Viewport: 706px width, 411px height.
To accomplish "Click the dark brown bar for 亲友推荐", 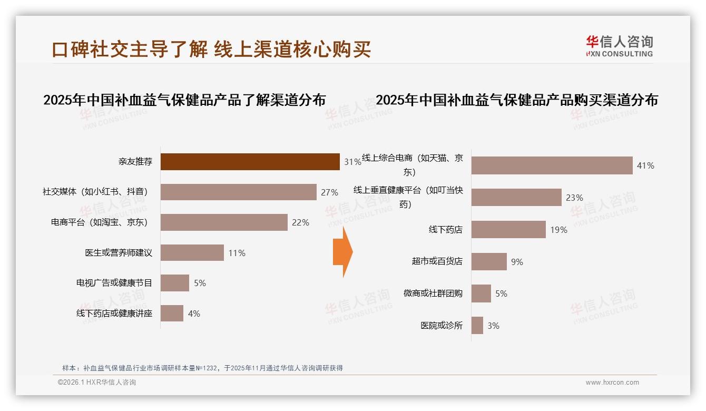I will (250, 162).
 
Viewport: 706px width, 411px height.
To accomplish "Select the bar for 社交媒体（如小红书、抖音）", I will (238, 192).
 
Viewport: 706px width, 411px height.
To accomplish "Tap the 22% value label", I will (300, 222).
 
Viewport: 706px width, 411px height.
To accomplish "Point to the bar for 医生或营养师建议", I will (192, 253).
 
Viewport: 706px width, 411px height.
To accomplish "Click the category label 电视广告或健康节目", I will (114, 283).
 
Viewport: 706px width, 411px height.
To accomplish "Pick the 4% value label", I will (194, 314).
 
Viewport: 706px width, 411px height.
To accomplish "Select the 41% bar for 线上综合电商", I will (552, 165).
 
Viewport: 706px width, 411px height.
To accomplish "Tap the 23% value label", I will (574, 198).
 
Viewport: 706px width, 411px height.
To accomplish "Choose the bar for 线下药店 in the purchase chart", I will (508, 230).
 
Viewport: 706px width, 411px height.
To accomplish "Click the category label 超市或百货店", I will (437, 261).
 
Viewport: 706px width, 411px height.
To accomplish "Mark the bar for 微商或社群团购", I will (481, 293).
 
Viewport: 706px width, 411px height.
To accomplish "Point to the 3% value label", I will (493, 326).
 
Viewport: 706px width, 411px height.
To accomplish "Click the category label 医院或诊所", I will (441, 326).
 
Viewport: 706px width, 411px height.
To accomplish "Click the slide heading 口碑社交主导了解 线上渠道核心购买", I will (211, 49).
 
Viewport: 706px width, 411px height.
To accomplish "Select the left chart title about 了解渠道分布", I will (184, 100).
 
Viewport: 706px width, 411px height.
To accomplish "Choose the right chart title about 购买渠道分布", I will (517, 100).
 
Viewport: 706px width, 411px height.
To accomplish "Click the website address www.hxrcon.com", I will (612, 383).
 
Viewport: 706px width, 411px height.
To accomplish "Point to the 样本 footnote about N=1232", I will (202, 368).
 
